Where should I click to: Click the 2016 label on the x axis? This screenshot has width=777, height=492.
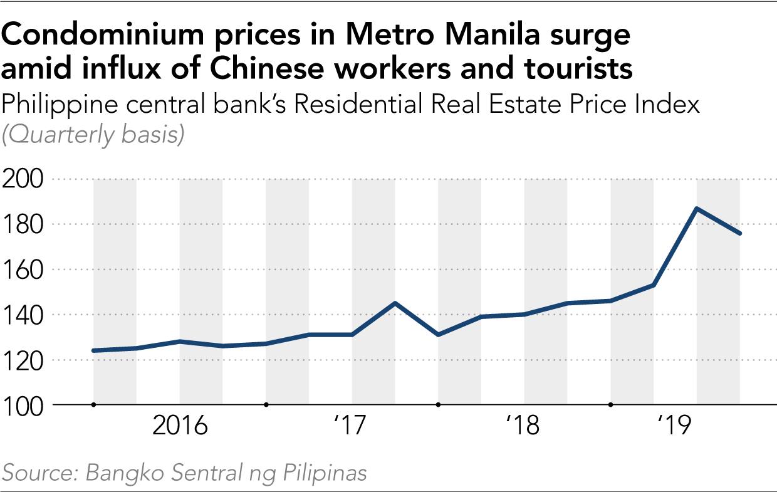(180, 426)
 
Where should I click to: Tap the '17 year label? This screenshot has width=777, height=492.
(351, 426)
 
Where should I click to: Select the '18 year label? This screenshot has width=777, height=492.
(523, 426)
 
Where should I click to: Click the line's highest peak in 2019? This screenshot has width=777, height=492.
(697, 208)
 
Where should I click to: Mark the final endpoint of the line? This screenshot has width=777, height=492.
(740, 233)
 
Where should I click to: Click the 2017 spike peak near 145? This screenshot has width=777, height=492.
(395, 303)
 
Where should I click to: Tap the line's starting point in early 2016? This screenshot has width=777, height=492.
(94, 350)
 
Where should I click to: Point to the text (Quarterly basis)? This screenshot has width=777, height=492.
(93, 135)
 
